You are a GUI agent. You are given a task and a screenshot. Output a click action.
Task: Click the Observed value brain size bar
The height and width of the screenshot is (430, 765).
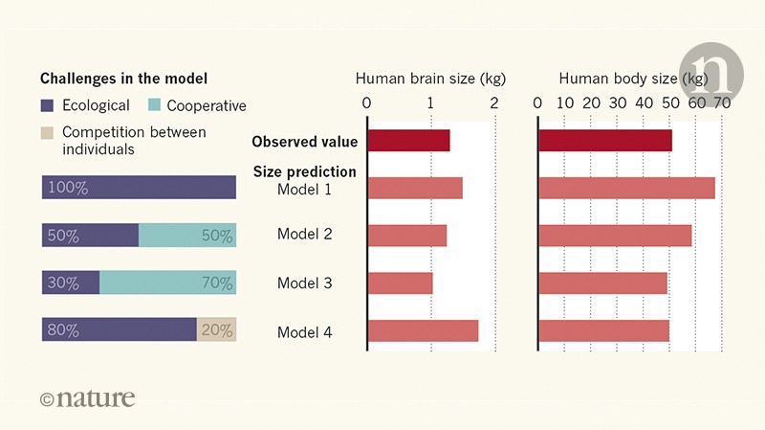click(x=408, y=141)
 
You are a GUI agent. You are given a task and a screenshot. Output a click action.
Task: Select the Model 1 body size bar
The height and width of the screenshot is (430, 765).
click(x=626, y=188)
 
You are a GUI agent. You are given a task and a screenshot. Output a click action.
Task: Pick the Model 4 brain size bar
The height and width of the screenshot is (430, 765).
click(x=423, y=330)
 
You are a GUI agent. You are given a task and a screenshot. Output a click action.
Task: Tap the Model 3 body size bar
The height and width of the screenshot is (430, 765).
click(x=602, y=283)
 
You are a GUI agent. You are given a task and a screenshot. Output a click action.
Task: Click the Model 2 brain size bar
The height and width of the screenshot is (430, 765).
click(x=406, y=236)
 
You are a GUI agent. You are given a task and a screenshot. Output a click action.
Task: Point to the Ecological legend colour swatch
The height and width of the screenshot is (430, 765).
click(x=50, y=105)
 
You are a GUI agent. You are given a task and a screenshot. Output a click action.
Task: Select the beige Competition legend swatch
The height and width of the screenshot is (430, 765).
click(x=50, y=132)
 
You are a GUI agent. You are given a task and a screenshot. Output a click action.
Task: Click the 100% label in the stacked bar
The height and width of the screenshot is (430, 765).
click(x=68, y=189)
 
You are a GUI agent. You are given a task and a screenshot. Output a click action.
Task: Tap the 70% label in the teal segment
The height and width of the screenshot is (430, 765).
click(x=216, y=283)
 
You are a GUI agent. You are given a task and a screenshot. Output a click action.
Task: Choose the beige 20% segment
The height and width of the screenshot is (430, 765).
click(x=216, y=330)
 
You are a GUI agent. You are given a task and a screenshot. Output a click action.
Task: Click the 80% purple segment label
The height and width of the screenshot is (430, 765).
click(x=63, y=330)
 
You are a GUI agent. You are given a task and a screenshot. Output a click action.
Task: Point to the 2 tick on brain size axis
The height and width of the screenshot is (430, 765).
click(x=494, y=102)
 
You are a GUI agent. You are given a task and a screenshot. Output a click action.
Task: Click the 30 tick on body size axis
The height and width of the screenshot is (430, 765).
click(x=618, y=102)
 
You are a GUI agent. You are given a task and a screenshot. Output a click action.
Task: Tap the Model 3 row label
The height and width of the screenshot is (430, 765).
click(x=304, y=283)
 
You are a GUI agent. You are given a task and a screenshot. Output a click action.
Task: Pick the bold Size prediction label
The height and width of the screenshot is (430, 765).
click(x=304, y=172)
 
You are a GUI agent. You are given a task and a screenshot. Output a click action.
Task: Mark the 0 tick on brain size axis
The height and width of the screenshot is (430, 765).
click(x=367, y=102)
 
